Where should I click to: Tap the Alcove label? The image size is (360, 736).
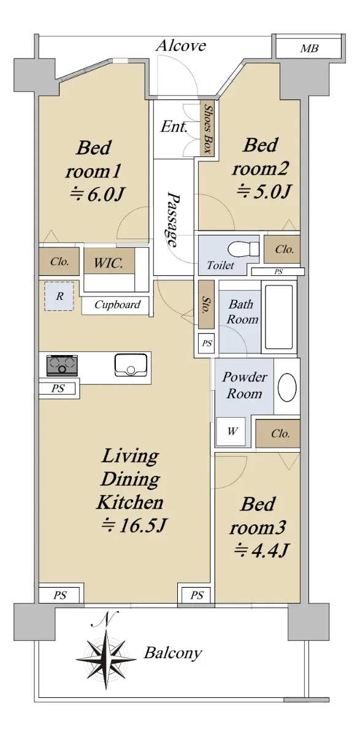[x=181, y=45]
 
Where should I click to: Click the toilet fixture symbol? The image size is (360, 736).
[x=243, y=247]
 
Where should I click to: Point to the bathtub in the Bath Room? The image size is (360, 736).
[x=278, y=316]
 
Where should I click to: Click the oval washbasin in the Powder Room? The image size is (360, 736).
[x=287, y=386]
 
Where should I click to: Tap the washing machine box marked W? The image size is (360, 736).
[x=231, y=431]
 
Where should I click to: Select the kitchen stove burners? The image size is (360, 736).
[x=62, y=365]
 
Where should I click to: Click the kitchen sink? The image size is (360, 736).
[x=131, y=365]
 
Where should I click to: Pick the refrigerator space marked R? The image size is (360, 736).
[x=59, y=296]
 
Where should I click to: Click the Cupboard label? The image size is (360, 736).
[x=117, y=305]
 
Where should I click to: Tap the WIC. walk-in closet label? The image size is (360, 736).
[x=109, y=263]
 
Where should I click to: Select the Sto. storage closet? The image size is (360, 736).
[x=206, y=304]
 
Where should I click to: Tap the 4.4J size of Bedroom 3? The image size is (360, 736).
[x=261, y=550]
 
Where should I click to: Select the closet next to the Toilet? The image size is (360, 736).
[x=282, y=250]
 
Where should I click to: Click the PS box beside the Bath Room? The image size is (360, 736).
[x=207, y=343]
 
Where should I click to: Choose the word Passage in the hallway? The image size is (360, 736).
[x=173, y=219]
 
